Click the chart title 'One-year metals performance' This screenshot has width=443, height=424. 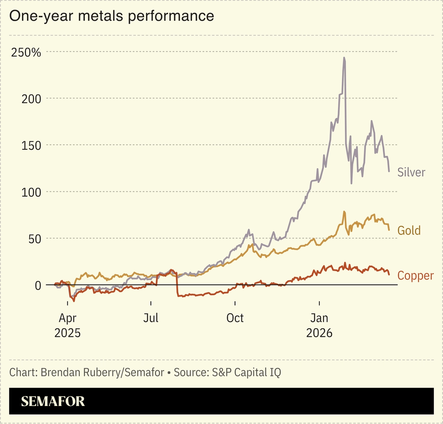pyautogui.click(x=112, y=16)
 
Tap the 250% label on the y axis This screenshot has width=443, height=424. pyautogui.click(x=26, y=52)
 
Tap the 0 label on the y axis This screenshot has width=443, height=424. pyautogui.click(x=38, y=285)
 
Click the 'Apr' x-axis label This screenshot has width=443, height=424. pyautogui.click(x=67, y=318)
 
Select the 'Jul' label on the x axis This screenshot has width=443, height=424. pyautogui.click(x=151, y=318)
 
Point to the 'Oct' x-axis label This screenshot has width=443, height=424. pyautogui.click(x=235, y=318)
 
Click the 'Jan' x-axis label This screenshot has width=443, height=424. pyautogui.click(x=319, y=318)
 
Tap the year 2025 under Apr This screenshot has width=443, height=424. pyautogui.click(x=67, y=333)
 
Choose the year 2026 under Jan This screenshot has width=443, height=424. pyautogui.click(x=319, y=333)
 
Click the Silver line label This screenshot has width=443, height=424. pyautogui.click(x=411, y=172)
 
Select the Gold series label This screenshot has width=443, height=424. pyautogui.click(x=409, y=230)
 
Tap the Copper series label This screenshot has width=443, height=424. pyautogui.click(x=415, y=276)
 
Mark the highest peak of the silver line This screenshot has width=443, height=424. pyautogui.click(x=344, y=58)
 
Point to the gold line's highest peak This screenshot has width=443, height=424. pyautogui.click(x=344, y=211)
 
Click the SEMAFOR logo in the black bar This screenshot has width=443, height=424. pyautogui.click(x=53, y=401)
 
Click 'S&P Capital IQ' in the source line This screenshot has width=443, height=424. pyautogui.click(x=246, y=372)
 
